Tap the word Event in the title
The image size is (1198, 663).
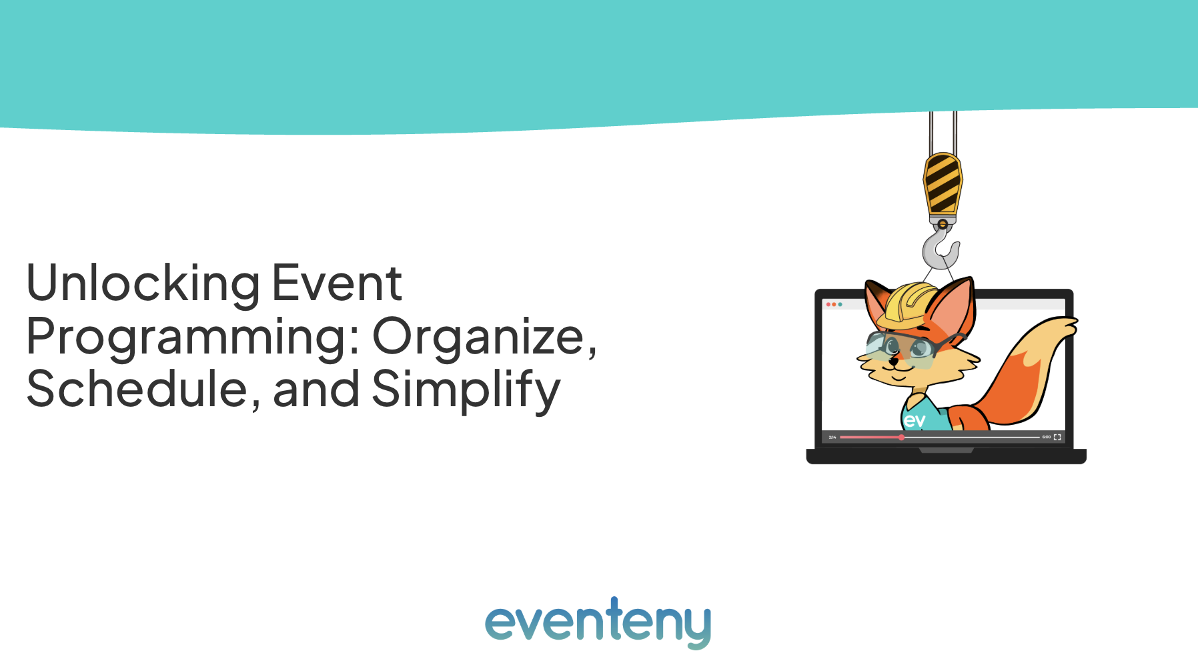(x=337, y=283)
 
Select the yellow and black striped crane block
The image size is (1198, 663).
(x=943, y=183)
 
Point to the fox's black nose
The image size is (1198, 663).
(x=894, y=361)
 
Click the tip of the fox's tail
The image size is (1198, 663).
(x=1073, y=323)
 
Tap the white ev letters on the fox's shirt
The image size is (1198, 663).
(x=915, y=420)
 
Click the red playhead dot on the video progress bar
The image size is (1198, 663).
(x=901, y=438)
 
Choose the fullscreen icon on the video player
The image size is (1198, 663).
(x=1057, y=438)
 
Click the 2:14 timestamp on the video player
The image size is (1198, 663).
(x=832, y=438)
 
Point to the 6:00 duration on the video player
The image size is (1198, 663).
(x=1047, y=438)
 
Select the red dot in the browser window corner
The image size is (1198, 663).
(x=828, y=304)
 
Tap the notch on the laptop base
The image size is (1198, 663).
(x=946, y=450)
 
